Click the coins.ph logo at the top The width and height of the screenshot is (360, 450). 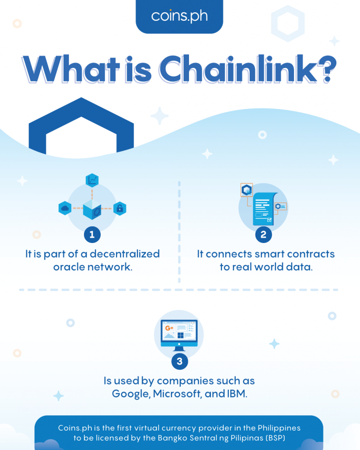(179, 16)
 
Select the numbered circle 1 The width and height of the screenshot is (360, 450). (92, 235)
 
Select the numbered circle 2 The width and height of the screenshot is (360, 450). (264, 235)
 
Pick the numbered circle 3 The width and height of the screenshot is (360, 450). (180, 361)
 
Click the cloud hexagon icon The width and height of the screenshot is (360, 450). (65, 208)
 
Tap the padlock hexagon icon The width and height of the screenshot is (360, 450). (120, 208)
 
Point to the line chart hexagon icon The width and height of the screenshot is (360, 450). (92, 180)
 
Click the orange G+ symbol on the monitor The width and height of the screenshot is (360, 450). (169, 328)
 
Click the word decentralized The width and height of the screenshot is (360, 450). (124, 254)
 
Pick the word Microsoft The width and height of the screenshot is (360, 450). (177, 393)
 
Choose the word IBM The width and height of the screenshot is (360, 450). (237, 393)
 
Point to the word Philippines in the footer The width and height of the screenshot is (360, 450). (279, 428)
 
